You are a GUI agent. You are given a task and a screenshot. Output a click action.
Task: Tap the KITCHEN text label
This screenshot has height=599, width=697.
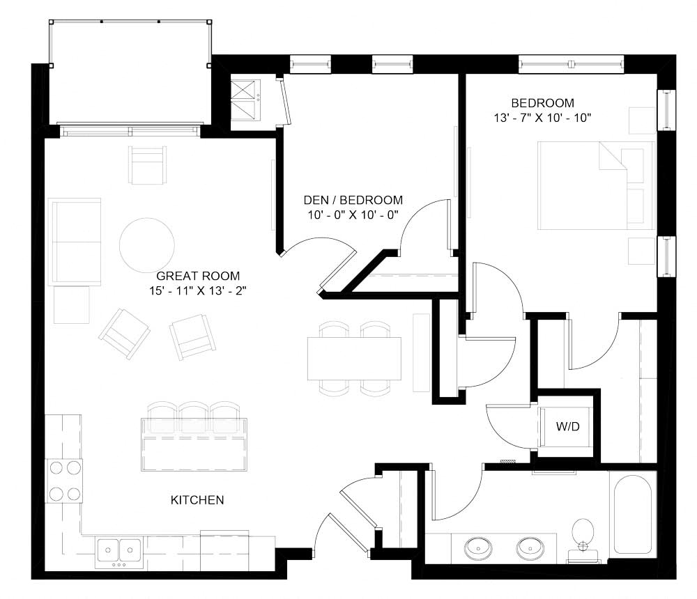coord(197,500)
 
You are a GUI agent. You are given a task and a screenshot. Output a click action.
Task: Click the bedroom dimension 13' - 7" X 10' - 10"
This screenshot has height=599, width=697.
coord(542,118)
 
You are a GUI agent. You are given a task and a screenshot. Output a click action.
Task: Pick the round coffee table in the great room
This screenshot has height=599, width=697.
coord(147,246)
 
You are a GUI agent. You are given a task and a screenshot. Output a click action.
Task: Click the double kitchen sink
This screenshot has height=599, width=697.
coord(118,550)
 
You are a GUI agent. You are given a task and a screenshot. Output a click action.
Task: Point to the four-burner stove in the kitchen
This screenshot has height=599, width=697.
coord(63,481)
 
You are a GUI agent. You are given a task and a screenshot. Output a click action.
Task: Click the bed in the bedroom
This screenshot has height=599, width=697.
coord(596,185)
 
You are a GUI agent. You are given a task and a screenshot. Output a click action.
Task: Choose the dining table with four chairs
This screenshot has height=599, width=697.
coord(355,358)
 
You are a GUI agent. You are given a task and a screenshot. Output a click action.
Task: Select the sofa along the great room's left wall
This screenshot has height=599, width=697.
coord(75,241)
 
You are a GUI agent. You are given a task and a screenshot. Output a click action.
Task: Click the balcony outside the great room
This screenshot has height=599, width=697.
coord(129,73)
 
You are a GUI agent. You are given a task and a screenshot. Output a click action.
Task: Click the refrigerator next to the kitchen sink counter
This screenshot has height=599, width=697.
coord(224,550)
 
